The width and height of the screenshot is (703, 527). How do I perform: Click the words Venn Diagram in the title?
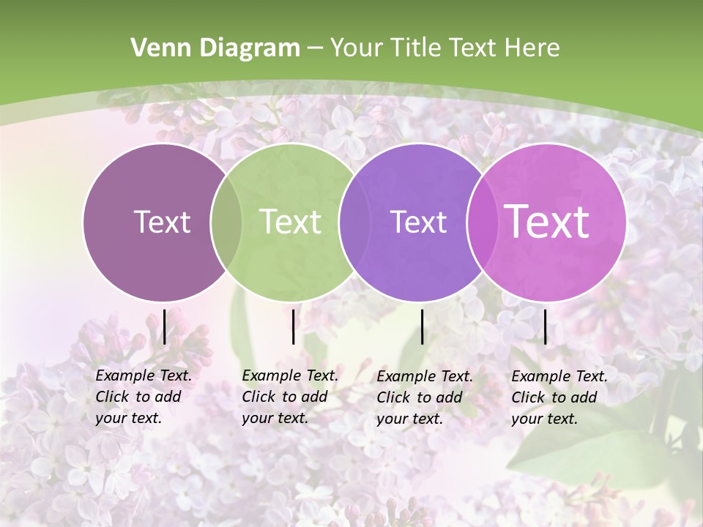point(215,48)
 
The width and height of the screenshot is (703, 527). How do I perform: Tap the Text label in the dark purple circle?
point(162,222)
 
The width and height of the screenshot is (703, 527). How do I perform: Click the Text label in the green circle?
point(290,222)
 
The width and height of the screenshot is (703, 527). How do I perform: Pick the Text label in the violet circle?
point(418,222)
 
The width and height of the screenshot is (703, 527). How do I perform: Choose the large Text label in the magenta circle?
point(547,221)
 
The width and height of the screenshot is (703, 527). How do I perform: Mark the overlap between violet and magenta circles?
point(480,222)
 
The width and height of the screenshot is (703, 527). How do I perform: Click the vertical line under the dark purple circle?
point(165,326)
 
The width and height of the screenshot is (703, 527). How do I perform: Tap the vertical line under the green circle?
point(293,326)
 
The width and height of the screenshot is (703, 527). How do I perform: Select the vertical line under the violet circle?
point(423,326)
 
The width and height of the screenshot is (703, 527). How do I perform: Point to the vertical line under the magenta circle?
point(546,326)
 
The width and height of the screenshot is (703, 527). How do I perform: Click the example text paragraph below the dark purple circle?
point(143,397)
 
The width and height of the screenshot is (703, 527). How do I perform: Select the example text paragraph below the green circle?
point(289,397)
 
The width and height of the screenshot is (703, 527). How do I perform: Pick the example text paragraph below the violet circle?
point(424,397)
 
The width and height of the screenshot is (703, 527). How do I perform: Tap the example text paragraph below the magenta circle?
point(559,397)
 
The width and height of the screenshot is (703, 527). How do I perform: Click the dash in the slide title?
point(315,48)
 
